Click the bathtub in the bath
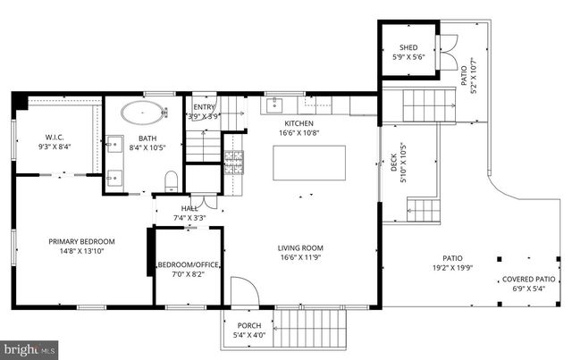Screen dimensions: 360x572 pyautogui.click(x=144, y=113)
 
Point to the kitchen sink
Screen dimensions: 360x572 pyautogui.click(x=274, y=105)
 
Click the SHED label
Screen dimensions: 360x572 pyautogui.click(x=408, y=47)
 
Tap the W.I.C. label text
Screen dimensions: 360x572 pyautogui.click(x=48, y=137)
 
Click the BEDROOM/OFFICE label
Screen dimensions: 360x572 pyautogui.click(x=189, y=264)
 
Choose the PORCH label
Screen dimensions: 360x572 pyautogui.click(x=248, y=325)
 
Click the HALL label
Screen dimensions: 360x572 pyautogui.click(x=189, y=208)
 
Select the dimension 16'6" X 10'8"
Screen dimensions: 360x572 pyautogui.click(x=299, y=133)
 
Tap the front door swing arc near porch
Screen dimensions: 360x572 pyautogui.click(x=241, y=290)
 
